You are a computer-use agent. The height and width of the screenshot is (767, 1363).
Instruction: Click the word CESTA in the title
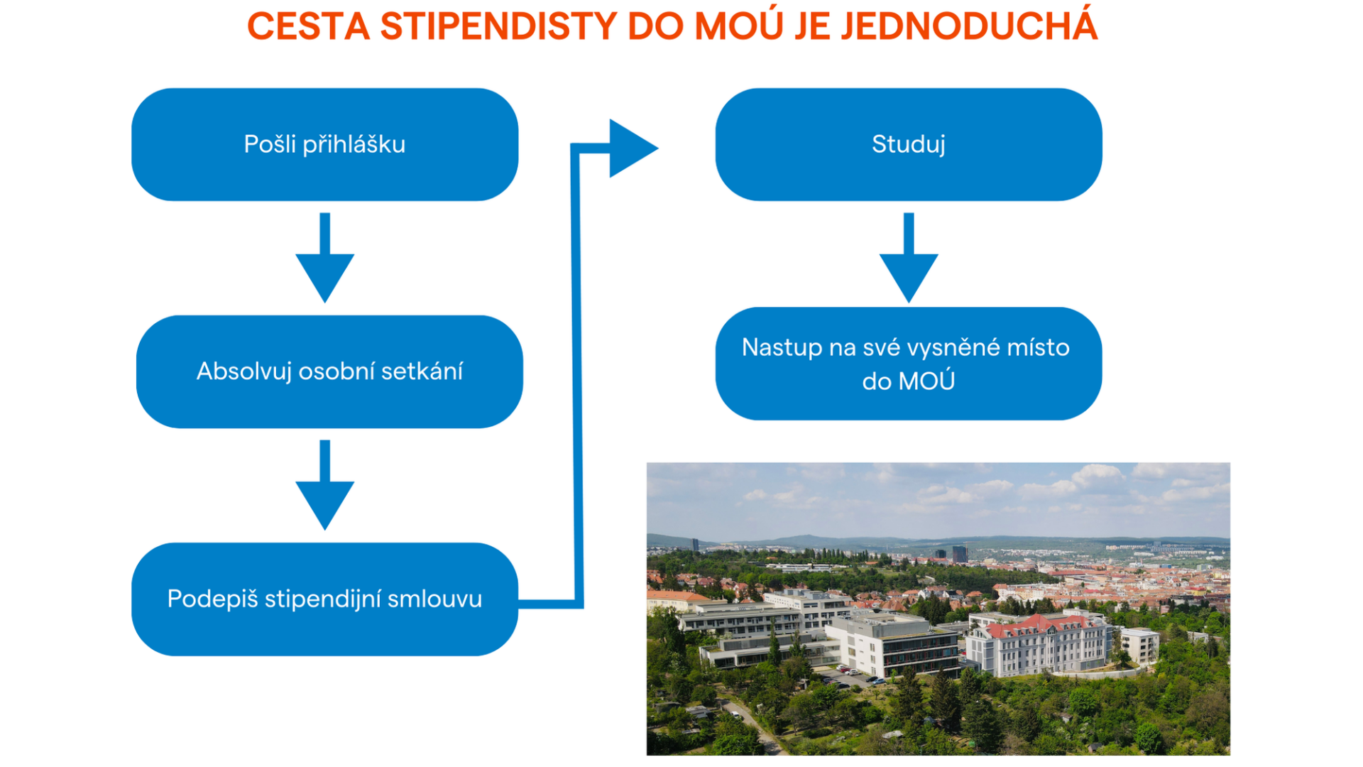coord(308,26)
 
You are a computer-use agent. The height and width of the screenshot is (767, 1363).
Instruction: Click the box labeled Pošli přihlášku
coord(325,144)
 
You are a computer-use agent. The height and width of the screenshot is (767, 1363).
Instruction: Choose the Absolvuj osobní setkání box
coord(329,371)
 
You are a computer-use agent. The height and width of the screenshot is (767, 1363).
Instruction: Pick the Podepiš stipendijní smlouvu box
coord(325,599)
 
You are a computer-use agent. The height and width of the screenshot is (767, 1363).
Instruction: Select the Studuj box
coord(909,144)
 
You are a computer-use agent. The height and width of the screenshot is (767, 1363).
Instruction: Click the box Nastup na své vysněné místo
coord(909,364)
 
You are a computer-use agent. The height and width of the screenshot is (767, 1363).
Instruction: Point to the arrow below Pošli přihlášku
coord(325,258)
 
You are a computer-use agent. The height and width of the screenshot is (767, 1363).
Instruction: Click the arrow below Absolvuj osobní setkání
coord(325,485)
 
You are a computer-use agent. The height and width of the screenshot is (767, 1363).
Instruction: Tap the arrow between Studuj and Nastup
coord(909,258)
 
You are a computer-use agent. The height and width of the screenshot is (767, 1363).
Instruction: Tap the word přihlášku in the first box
coord(354,145)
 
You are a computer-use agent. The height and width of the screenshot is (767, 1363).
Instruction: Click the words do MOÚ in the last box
coord(909,381)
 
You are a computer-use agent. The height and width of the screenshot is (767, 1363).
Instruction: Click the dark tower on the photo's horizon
coord(959,553)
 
